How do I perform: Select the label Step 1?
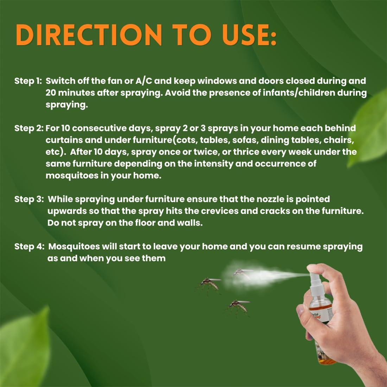click(28, 81)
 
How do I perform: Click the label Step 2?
click(29, 128)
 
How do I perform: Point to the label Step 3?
click(29, 199)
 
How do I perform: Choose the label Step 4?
click(29, 246)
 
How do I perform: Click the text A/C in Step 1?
click(144, 81)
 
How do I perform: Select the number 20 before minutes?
click(51, 93)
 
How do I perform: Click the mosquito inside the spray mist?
click(242, 273)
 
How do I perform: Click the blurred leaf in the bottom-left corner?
click(25, 348)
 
